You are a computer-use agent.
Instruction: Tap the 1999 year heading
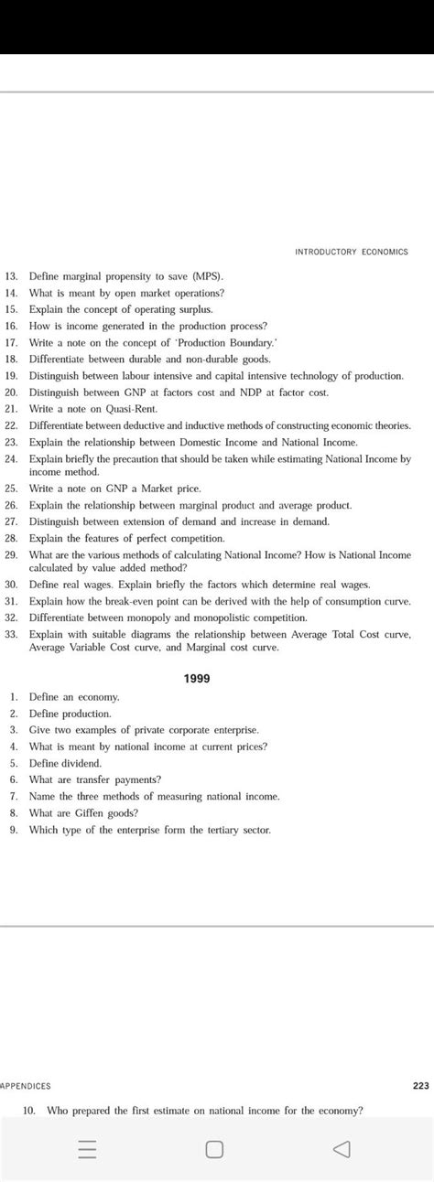(197, 678)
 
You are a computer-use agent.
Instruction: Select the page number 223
(420, 1086)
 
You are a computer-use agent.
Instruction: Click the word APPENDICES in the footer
(26, 1086)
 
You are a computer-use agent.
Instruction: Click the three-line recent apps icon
(88, 1149)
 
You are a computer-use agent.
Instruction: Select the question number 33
(12, 633)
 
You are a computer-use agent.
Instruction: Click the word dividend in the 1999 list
(81, 763)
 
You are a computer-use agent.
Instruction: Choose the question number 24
(12, 458)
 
